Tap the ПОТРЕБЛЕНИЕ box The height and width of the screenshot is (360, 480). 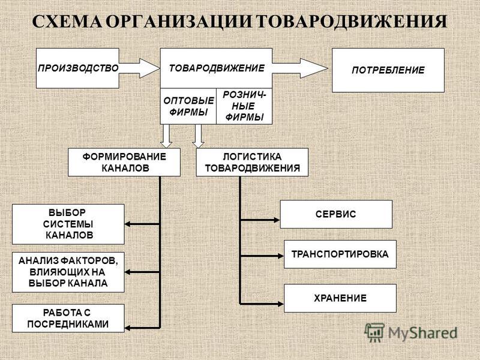(x=388, y=70)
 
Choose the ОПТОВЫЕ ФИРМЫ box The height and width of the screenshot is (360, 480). (x=188, y=106)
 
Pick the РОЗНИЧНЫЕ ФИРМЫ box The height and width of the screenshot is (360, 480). (x=244, y=106)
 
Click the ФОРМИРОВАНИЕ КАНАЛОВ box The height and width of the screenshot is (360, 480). (x=124, y=162)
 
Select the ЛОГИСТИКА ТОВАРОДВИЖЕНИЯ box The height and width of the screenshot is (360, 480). (x=252, y=162)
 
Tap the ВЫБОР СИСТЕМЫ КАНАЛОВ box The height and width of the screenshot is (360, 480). (x=68, y=224)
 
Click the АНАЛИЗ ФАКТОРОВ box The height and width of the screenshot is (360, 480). (x=68, y=272)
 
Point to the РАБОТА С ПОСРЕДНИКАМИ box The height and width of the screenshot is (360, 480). (x=68, y=318)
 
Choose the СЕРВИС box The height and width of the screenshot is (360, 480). (x=336, y=214)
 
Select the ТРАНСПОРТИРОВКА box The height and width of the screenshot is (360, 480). (x=340, y=254)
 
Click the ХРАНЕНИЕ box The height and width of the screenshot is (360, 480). (x=340, y=298)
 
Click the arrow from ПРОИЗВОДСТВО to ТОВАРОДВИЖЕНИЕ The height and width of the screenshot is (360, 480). (x=139, y=68)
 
